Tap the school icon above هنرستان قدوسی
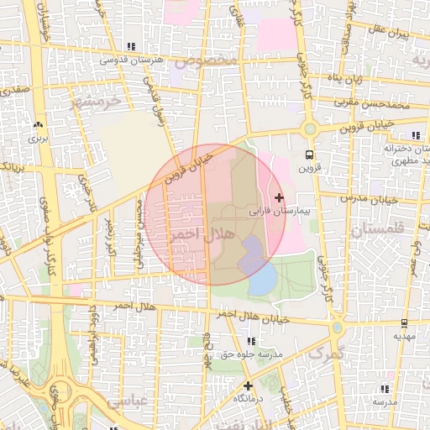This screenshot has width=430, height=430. coord(129,46)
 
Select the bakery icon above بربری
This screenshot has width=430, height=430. coord(36,123)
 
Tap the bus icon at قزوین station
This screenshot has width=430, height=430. coord(309,155)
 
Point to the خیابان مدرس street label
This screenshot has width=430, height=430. coord(371,200)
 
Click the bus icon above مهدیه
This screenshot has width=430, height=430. coord(404,322)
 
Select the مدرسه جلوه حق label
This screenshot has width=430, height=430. coord(250,354)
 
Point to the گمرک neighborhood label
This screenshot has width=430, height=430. coord(308,354)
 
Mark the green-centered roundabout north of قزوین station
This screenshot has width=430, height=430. coord(309,128)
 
